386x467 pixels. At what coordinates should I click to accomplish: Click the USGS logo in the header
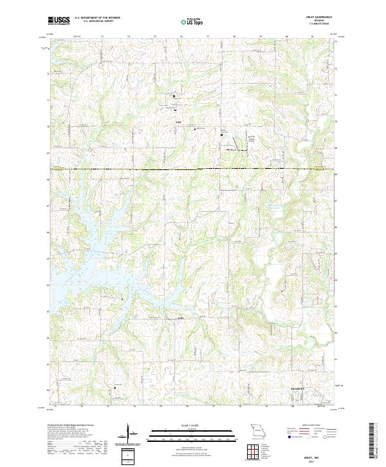(59, 21)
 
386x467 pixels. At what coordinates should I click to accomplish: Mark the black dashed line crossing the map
(193, 169)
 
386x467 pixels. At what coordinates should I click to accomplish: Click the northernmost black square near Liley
(174, 96)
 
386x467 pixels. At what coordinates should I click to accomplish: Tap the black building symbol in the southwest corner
(115, 388)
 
